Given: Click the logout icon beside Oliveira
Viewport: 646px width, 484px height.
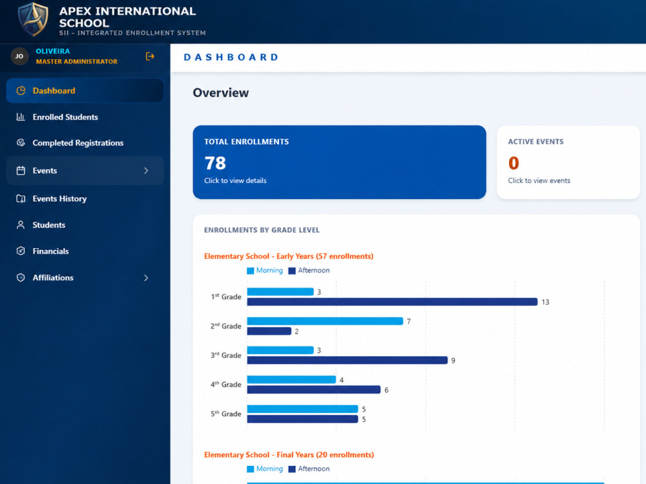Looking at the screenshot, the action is pos(150,56).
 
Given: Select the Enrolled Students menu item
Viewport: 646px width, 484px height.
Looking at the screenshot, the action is pos(65,117).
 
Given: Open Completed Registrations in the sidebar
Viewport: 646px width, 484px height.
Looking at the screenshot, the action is pos(78,143).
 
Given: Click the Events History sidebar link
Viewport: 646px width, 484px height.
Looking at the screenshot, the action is pos(59,199).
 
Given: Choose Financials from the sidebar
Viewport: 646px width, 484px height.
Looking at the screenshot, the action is pos(50,251).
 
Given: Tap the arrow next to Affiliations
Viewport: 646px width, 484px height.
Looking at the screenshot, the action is pos(146,278).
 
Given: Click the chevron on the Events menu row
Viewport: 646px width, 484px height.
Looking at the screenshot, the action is pos(146,171).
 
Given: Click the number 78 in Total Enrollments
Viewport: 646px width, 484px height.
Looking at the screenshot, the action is pos(215,163).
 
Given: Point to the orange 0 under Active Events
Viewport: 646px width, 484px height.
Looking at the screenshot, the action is pos(514,163).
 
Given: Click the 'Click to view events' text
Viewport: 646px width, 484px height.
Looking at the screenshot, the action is pos(539,180).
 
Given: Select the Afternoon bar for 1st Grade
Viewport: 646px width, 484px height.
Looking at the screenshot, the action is pos(392,302).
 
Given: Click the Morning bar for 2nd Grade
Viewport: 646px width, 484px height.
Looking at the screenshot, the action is pos(325,321).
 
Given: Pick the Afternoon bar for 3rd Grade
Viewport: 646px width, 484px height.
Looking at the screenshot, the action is pos(348,361).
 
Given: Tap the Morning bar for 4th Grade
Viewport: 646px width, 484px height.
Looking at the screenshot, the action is pos(292,380).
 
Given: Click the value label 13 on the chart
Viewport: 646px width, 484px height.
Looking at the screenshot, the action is pos(545,302).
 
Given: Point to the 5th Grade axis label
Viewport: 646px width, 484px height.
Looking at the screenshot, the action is pos(225,414).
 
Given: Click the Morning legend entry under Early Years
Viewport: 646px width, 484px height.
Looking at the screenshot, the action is pos(265,271).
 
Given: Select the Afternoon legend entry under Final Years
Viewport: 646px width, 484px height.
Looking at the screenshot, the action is pos(309,468).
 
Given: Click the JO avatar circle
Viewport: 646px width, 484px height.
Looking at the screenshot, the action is pos(19,56).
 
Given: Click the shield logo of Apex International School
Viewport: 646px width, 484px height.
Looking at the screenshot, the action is pos(33,19).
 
